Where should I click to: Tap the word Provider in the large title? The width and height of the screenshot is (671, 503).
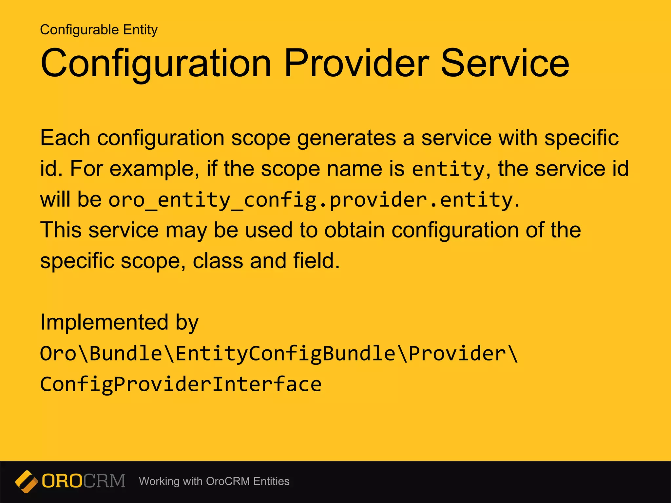click(356, 63)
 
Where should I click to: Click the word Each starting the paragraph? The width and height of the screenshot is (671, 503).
click(65, 138)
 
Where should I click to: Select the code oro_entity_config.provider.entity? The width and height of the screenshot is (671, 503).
click(310, 200)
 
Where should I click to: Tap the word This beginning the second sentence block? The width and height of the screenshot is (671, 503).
click(61, 230)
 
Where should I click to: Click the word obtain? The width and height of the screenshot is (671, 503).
click(355, 230)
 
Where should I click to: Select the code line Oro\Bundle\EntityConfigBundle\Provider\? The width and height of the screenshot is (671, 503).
click(279, 354)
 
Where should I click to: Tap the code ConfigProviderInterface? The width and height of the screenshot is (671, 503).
click(181, 384)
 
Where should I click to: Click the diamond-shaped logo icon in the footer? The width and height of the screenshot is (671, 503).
click(26, 481)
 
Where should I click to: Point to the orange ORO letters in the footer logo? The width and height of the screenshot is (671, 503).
click(62, 481)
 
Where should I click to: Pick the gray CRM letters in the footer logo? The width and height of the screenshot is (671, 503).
click(104, 481)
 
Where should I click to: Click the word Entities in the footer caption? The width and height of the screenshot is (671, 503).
click(271, 481)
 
